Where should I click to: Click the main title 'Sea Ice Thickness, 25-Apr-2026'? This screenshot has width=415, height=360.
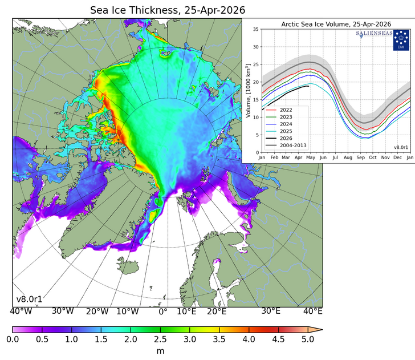[x=168, y=10]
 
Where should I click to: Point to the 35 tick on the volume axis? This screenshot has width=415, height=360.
[x=256, y=29]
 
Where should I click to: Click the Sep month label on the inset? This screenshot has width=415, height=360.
[x=360, y=157]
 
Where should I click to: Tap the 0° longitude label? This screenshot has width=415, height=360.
[x=163, y=312]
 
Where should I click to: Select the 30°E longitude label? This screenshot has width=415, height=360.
[x=270, y=312]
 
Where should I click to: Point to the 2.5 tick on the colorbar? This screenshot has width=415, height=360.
[x=160, y=339]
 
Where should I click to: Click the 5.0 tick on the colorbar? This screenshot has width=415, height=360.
[x=308, y=339]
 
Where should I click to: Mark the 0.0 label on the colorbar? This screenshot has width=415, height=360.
[x=13, y=339]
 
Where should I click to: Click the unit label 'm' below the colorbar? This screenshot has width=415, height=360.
[x=160, y=351]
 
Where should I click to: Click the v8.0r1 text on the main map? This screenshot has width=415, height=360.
[x=29, y=299]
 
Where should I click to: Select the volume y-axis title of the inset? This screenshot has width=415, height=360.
[x=248, y=91]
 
